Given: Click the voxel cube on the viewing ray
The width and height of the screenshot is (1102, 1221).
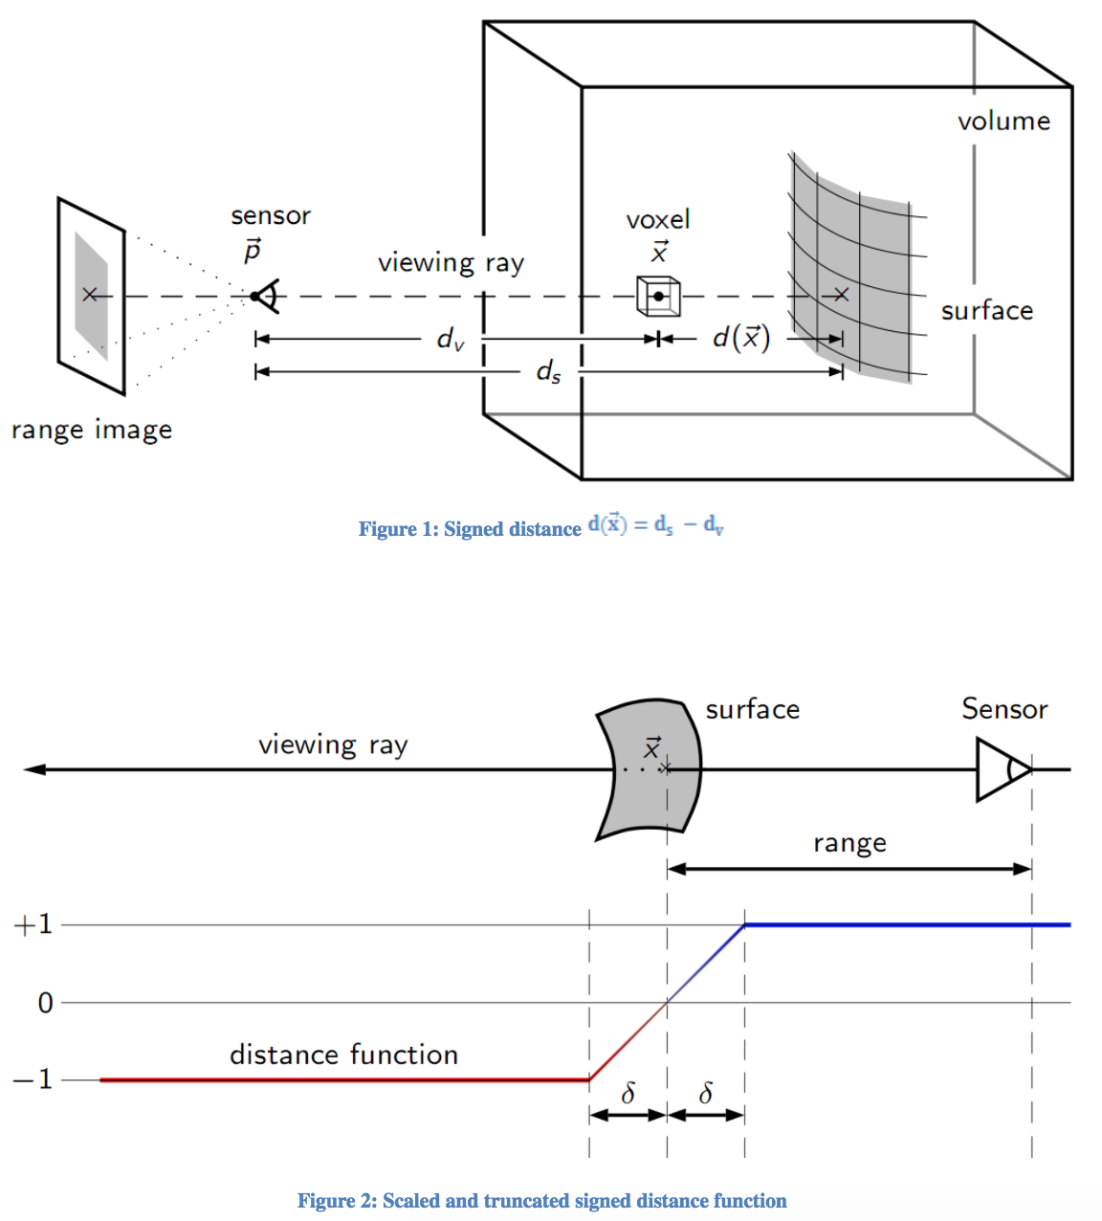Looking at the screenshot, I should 658,296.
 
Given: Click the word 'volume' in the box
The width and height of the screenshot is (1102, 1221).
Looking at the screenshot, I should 1003,122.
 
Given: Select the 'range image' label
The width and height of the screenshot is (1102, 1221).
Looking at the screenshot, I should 92,430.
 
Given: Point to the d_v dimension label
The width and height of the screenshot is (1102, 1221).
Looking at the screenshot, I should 450,339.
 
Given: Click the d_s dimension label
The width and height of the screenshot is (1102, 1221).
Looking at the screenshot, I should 548,371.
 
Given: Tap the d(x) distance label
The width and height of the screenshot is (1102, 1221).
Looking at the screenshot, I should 741,338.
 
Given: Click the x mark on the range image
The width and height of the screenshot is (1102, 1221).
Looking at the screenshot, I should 90,295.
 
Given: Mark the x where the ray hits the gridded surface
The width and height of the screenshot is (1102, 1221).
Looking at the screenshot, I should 841,295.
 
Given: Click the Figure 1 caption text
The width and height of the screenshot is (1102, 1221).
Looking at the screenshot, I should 540,527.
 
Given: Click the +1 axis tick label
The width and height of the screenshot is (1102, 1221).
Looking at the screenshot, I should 33,925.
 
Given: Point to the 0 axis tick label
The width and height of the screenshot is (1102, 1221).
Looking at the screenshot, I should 45,1003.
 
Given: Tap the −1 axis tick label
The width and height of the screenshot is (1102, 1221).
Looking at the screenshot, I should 33,1080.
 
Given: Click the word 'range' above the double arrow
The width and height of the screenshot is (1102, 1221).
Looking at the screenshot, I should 849,844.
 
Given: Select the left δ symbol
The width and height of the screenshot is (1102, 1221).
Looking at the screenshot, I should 628,1094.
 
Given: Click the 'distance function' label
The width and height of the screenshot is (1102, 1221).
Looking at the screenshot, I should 343,1054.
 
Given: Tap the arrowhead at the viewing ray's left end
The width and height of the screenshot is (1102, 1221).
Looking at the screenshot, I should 34,769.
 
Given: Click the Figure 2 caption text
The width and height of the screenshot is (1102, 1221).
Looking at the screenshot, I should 541,1201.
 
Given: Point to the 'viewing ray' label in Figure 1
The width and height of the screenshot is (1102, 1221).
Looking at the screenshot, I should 451,263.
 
